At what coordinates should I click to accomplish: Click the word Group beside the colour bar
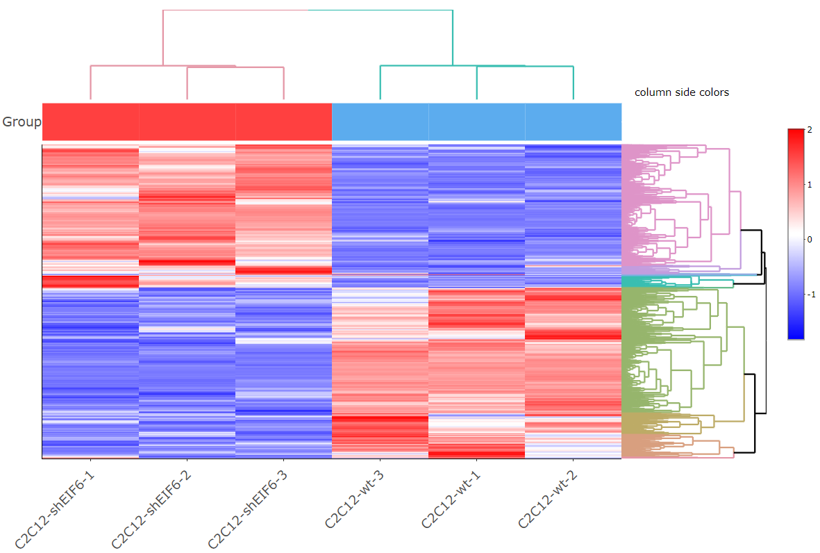[22, 122]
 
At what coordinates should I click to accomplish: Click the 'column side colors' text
[681, 92]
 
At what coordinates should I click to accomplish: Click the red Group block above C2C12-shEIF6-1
[90, 122]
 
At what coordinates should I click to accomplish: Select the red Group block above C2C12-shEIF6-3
[283, 122]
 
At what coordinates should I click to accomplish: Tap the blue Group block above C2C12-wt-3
[380, 122]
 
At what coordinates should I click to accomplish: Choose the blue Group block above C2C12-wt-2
[573, 122]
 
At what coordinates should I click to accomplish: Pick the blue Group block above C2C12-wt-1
[476, 122]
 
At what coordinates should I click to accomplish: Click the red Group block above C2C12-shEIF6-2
[187, 122]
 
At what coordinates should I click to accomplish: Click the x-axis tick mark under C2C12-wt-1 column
[476, 461]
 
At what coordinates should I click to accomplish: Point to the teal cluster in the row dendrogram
[694, 281]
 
